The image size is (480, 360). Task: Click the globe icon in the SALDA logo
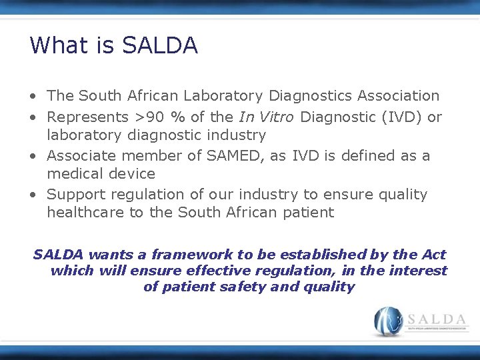click(388, 321)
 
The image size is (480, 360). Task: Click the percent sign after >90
click(177, 117)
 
